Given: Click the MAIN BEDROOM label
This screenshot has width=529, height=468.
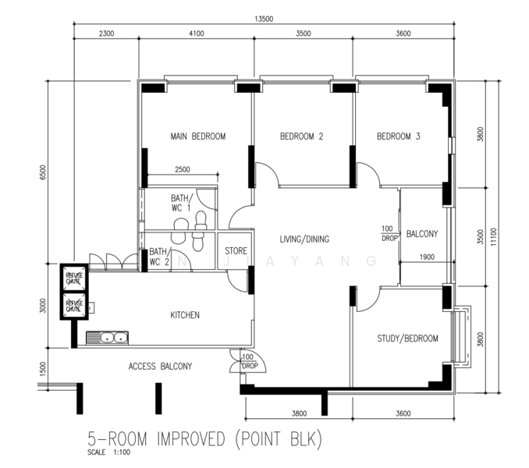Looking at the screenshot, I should point(197,136).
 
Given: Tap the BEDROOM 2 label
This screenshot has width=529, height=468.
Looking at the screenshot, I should point(301,136).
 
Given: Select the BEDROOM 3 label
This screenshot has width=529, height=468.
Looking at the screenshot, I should point(398,136).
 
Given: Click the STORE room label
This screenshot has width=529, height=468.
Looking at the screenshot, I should point(236,251).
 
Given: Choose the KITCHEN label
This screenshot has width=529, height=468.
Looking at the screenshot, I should point(185,315).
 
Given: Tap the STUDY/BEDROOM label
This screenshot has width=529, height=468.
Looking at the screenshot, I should point(407,339).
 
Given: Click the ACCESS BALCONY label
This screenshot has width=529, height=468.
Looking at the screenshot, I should point(160,366).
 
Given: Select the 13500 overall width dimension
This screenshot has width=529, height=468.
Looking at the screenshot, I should point(264,19).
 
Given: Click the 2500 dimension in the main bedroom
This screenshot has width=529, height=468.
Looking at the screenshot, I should point(182,169).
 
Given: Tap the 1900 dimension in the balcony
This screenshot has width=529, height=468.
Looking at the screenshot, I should point(427,257).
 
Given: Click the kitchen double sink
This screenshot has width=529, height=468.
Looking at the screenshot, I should point(108,337).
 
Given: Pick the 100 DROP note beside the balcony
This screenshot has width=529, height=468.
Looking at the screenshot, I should point(388,232).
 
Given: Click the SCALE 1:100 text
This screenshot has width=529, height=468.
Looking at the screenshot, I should point(109,452).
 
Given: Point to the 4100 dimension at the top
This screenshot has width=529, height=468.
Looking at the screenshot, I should point(196,34).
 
